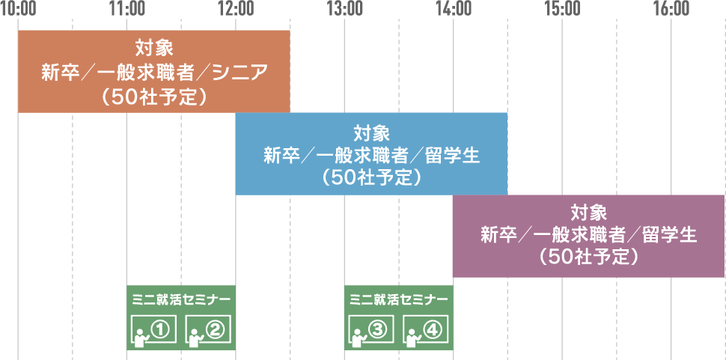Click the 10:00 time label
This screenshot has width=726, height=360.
(x=18, y=9)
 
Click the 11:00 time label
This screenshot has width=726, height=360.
(x=126, y=9)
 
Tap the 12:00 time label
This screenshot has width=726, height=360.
(x=236, y=9)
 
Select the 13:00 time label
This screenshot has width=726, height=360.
(x=344, y=9)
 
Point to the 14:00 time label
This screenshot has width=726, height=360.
(x=454, y=9)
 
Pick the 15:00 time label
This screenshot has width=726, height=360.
(x=562, y=9)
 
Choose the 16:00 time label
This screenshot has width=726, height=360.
(x=671, y=9)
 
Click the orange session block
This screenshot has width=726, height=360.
(x=153, y=72)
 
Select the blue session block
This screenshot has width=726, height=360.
(x=371, y=153)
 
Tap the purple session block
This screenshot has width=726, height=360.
(x=589, y=236)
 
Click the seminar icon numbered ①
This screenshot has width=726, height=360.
(x=153, y=329)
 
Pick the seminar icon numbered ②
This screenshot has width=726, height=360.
(x=207, y=329)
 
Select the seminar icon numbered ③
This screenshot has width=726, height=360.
(x=371, y=329)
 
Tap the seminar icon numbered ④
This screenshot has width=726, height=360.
(x=425, y=329)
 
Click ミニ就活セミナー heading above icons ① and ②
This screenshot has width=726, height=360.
(x=180, y=298)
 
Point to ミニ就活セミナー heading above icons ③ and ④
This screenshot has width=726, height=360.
(x=398, y=298)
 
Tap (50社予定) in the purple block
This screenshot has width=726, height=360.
(x=588, y=257)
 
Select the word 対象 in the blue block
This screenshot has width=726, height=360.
(x=371, y=134)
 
